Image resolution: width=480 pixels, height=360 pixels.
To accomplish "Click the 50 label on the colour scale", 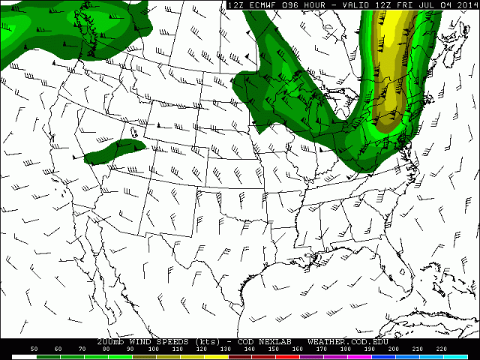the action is point(34,349).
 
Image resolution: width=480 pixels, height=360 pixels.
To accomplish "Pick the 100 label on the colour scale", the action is point(154,349).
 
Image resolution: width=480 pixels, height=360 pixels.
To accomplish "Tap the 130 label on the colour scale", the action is point(226,349).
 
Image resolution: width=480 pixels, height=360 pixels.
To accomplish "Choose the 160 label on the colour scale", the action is point(298,349).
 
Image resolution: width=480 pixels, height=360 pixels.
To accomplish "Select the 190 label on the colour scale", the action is point(370,349).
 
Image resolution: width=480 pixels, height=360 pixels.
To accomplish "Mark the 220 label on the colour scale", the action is point(442,349).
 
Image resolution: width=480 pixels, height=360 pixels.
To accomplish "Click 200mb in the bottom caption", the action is point(111,341).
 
